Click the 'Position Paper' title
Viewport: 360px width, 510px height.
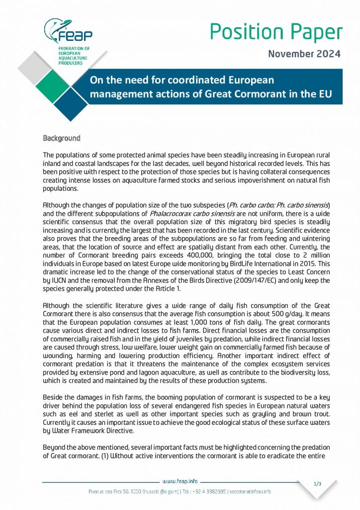pos(275,32)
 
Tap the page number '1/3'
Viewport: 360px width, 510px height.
pos(318,484)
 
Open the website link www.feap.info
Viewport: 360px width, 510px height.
pos(180,481)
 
